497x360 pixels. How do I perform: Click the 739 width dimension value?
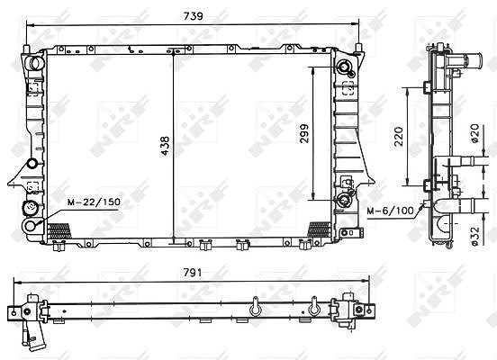(193, 16)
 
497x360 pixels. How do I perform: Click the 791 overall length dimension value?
(193, 273)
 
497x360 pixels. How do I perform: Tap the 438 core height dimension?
(165, 146)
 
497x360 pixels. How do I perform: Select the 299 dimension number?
(304, 133)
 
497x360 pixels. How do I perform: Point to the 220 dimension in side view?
(399, 137)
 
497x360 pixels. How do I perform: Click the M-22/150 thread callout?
(95, 202)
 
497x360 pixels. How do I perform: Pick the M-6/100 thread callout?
(391, 211)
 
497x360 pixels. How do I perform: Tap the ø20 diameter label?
(474, 133)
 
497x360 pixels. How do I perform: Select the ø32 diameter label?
(474, 236)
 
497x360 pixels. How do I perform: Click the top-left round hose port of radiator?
(36, 63)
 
